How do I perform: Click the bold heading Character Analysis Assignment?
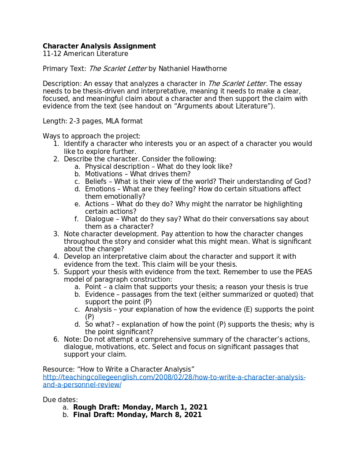coord(99,46)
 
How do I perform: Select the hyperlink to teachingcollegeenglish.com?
coord(174,377)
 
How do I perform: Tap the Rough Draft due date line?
coord(140,407)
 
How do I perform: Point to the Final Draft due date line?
coord(137,415)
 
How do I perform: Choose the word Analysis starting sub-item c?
coord(98,309)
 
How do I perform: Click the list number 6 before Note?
coord(56,339)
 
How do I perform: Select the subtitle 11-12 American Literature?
coord(85,54)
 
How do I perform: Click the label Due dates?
coord(60,400)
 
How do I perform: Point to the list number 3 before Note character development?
coord(56,234)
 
